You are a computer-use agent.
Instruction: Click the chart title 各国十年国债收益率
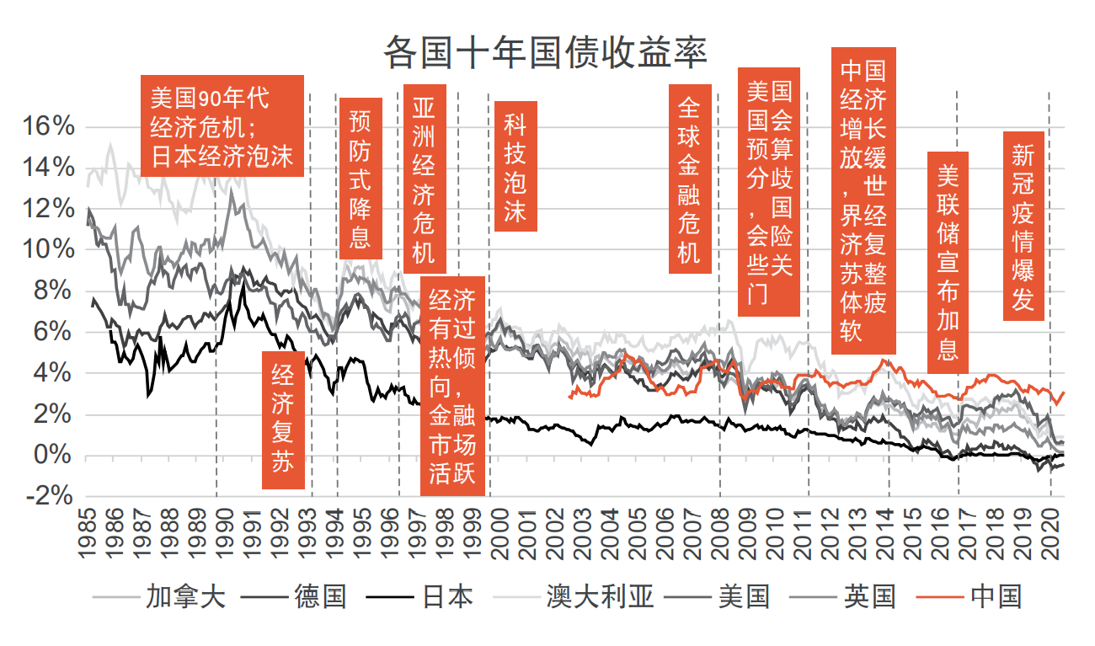[545, 52]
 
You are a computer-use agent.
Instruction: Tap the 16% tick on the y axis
[50, 126]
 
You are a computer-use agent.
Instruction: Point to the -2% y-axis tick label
[50, 496]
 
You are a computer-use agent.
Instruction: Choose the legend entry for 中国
[996, 597]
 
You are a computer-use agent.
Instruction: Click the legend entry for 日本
[446, 597]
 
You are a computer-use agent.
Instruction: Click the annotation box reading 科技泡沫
[515, 167]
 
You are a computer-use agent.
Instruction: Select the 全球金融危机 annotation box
[690, 179]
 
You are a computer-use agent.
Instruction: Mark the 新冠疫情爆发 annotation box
[1023, 226]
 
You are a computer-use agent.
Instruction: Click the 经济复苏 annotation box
[283, 419]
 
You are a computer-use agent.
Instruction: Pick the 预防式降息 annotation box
[361, 179]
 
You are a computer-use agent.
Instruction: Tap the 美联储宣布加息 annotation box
[948, 262]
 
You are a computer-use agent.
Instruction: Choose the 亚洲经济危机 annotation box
[425, 179]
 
